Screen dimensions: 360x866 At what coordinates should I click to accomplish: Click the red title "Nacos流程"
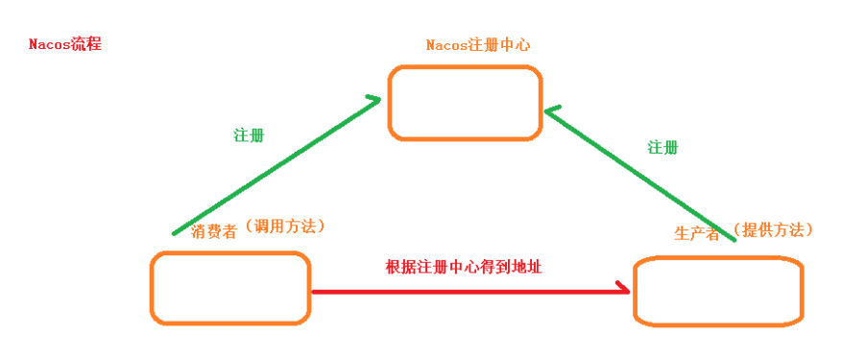pyautogui.click(x=64, y=44)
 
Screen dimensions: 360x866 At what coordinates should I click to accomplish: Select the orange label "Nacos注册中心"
pyautogui.click(x=478, y=45)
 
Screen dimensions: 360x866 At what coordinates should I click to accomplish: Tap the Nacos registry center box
pyautogui.click(x=465, y=103)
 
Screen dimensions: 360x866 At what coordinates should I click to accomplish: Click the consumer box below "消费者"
pyautogui.click(x=230, y=287)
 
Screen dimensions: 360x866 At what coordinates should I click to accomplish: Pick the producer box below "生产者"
pyautogui.click(x=718, y=291)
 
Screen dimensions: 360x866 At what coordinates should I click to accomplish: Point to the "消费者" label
pyautogui.click(x=215, y=230)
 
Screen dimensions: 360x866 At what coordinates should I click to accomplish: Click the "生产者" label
pyautogui.click(x=697, y=233)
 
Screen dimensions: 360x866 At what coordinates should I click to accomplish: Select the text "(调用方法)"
pyautogui.click(x=284, y=227)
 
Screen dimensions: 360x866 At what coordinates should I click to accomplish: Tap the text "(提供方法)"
pyautogui.click(x=772, y=230)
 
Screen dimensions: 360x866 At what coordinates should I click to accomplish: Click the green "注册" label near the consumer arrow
pyautogui.click(x=249, y=135)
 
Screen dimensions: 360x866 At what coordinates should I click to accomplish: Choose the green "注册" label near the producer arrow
pyautogui.click(x=662, y=147)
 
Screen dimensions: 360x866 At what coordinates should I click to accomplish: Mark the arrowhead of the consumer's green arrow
pyautogui.click(x=374, y=99)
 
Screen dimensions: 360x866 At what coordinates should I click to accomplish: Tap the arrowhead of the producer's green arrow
pyautogui.click(x=550, y=112)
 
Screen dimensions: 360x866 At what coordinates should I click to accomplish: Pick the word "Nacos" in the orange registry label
pyautogui.click(x=445, y=45)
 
